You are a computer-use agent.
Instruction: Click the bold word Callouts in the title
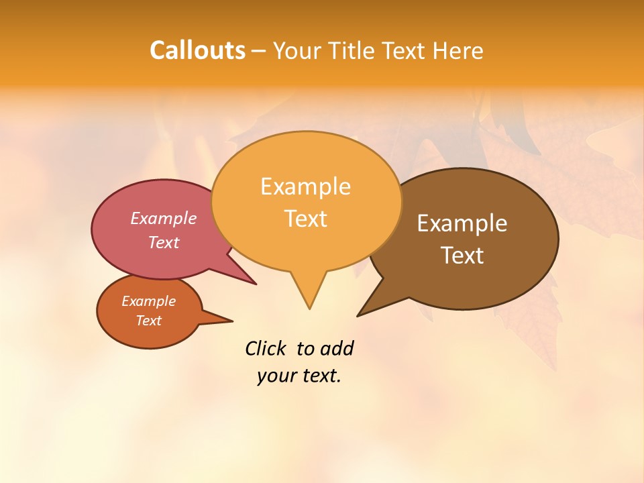tap(197, 50)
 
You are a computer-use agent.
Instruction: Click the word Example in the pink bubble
tap(164, 218)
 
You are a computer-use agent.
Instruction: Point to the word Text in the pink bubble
tap(164, 242)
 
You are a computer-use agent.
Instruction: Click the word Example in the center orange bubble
tap(306, 186)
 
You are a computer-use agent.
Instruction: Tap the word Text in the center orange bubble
tap(306, 219)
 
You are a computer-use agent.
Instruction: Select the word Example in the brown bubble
tap(462, 223)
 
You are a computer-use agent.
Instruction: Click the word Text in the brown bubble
tap(462, 255)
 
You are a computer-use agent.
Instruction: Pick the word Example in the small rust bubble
tap(149, 301)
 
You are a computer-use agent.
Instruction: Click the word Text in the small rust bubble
tap(149, 321)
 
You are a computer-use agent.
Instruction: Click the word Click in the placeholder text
tap(265, 348)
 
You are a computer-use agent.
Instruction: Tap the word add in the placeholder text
tap(337, 348)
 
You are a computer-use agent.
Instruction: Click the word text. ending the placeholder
tap(319, 376)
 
